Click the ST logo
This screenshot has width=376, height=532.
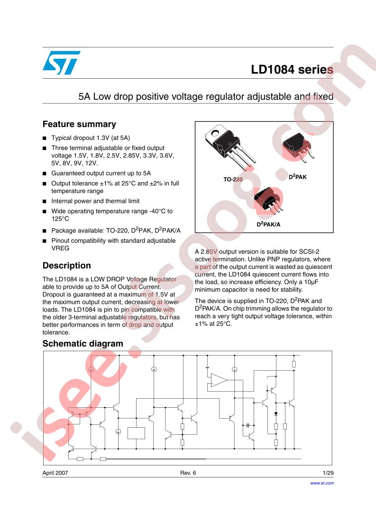click(61, 63)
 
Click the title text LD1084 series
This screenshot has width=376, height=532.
click(292, 70)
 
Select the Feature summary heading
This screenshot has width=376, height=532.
click(79, 124)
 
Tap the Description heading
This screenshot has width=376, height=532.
click(66, 266)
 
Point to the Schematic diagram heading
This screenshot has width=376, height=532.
click(83, 343)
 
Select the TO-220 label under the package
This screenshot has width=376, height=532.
click(233, 180)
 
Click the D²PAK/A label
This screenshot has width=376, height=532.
click(268, 223)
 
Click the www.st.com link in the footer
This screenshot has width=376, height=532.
click(322, 483)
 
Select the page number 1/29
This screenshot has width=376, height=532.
click(328, 473)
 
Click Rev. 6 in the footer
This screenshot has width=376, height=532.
click(188, 473)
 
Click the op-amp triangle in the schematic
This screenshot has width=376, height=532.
click(219, 380)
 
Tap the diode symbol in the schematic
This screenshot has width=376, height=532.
click(276, 414)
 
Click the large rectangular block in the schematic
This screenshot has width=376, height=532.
click(136, 433)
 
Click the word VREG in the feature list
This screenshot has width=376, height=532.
click(60, 248)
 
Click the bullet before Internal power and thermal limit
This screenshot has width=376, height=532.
click(45, 201)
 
